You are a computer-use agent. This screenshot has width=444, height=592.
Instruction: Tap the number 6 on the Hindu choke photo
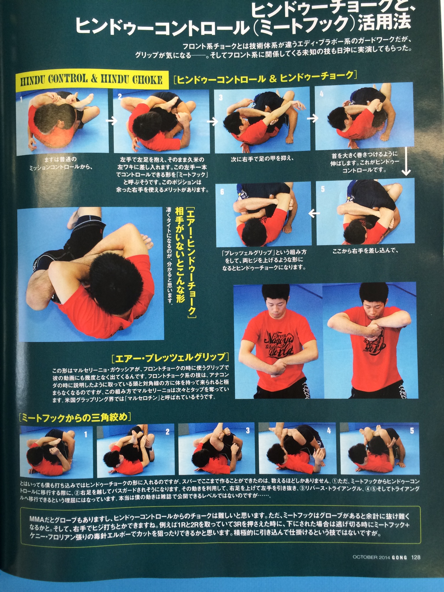[222, 192]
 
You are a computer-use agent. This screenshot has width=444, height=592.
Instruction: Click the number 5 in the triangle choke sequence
[412, 431]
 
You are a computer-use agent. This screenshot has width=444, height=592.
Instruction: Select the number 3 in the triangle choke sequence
[248, 430]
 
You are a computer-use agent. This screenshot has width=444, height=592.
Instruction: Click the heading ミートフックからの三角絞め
[74, 418]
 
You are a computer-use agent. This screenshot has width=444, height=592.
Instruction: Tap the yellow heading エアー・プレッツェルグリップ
[170, 357]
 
